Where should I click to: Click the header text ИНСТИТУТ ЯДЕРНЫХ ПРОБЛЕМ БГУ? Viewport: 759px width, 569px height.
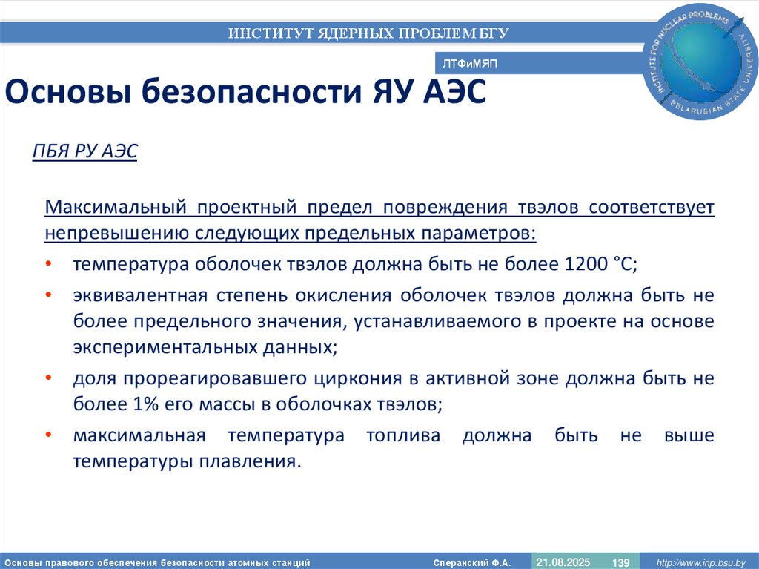[x=368, y=33]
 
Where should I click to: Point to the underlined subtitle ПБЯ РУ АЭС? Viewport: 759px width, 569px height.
[x=84, y=152]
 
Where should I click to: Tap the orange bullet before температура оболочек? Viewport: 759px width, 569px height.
[x=48, y=265]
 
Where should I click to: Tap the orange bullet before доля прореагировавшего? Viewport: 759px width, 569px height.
[x=48, y=378]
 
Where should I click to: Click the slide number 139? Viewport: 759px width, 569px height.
[x=620, y=562]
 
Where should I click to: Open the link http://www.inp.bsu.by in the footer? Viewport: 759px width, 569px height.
[x=702, y=562]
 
